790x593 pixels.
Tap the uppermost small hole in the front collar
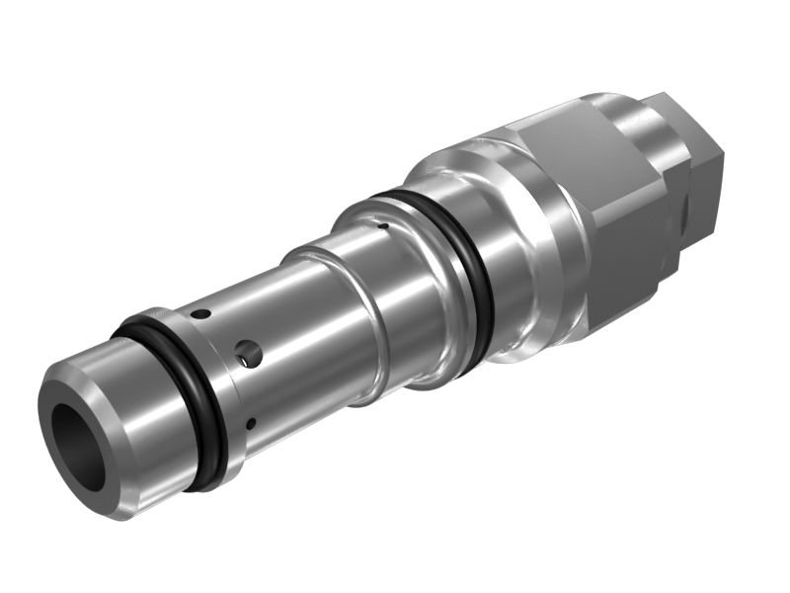200,314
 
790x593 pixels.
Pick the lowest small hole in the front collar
251,424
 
